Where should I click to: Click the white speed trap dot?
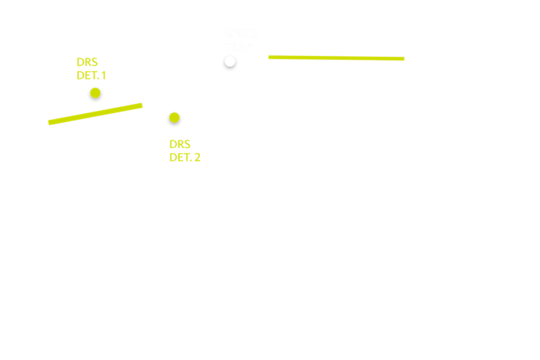230,61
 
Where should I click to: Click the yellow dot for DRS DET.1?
95,93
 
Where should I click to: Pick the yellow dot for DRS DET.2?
175,117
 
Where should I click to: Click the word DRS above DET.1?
87,62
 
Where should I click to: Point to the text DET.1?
91,76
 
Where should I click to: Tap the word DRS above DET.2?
180,145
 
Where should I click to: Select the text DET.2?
184,158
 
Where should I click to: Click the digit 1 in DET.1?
103,76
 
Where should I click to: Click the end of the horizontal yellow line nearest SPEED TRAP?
269,57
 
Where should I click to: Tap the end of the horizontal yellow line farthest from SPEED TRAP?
403,59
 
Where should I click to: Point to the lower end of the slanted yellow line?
49,123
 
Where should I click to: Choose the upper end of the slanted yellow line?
142,105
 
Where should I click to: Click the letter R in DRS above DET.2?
180,145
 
